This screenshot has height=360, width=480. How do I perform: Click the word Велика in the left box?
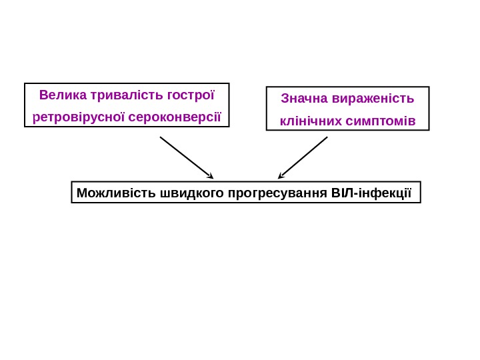(58, 94)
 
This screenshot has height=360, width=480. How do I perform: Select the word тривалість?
(122, 94)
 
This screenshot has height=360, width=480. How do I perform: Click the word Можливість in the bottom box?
(116, 193)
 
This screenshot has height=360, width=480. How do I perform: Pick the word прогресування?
(277, 193)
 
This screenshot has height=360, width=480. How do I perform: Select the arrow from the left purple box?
(186, 157)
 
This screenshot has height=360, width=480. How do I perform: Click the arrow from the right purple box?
(303, 157)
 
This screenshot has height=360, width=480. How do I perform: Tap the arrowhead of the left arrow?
(211, 177)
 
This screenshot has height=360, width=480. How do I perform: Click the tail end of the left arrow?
(161, 138)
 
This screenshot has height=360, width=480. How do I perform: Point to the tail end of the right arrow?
(327, 138)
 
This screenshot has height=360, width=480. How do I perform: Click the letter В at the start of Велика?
(43, 94)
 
